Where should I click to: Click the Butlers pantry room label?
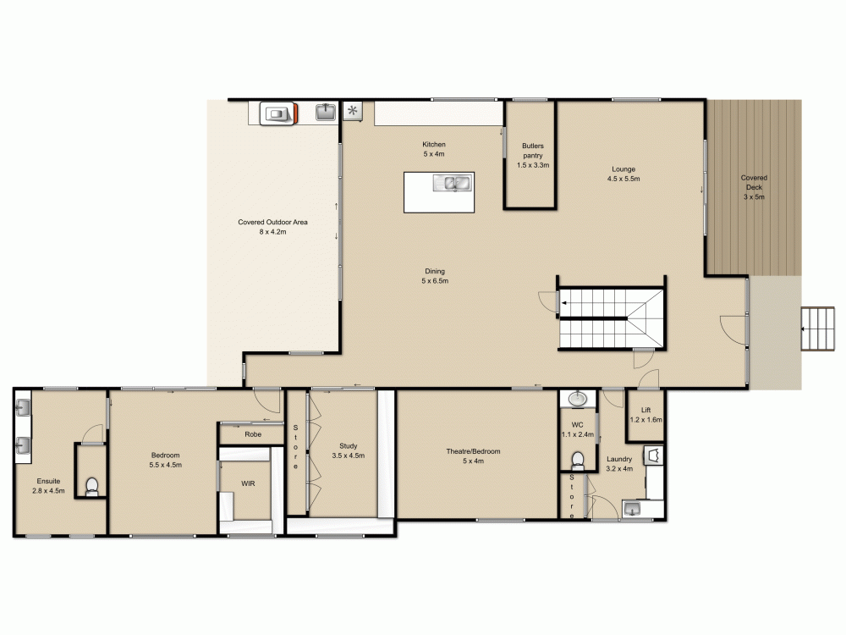[x=532, y=151]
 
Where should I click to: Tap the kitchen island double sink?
[x=452, y=183]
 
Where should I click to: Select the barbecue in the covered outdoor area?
[x=278, y=113]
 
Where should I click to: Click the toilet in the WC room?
[x=578, y=461]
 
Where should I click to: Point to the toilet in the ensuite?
[x=92, y=486]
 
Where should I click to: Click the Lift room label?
[x=645, y=410]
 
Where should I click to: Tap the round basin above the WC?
[x=578, y=399]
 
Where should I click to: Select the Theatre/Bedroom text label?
[x=473, y=451]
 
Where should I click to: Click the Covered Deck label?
[x=754, y=183]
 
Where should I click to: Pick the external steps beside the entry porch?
[x=818, y=329]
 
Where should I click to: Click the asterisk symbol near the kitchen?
[x=352, y=111]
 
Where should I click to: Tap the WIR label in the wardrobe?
[x=248, y=483]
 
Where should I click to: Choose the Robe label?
[x=253, y=434]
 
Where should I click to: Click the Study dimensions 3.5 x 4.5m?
[x=348, y=456]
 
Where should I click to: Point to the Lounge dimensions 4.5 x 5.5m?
[x=624, y=179]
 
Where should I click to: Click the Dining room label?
[x=435, y=271]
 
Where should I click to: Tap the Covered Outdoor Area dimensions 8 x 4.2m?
[x=272, y=232]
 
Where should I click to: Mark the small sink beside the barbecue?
[x=326, y=112]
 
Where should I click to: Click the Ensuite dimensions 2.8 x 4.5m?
[x=48, y=491]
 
